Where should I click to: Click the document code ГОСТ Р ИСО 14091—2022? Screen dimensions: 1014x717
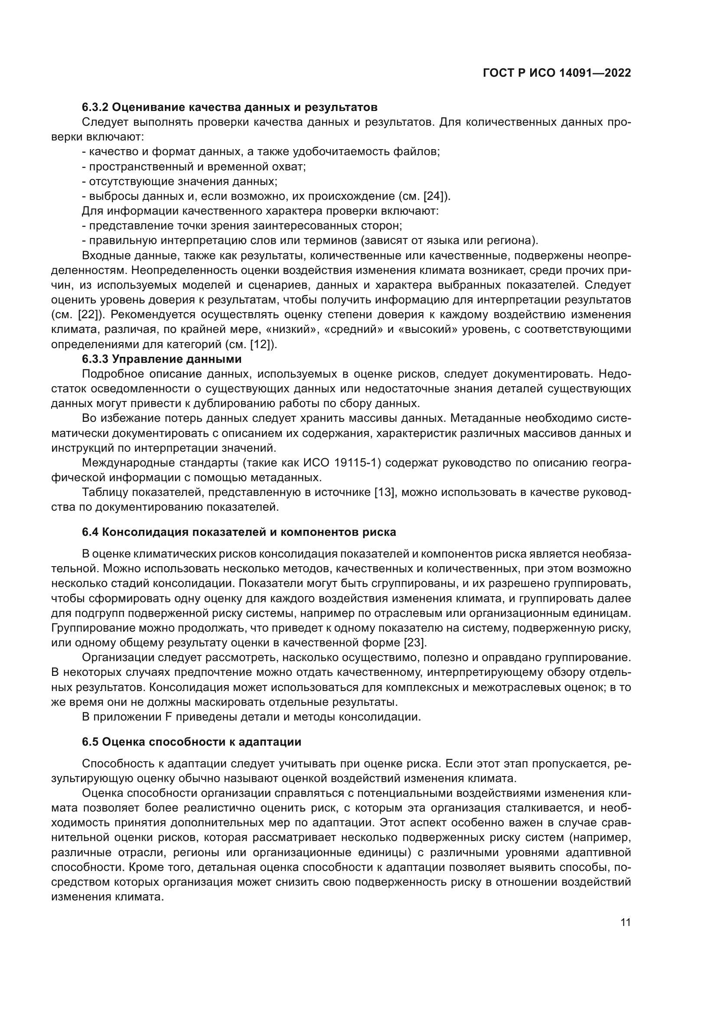557,73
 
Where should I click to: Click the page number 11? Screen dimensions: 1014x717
625,923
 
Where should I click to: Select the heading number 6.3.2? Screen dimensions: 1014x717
95,108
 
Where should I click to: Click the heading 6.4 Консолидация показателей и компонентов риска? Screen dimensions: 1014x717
239,532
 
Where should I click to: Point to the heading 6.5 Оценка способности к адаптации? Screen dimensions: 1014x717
192,742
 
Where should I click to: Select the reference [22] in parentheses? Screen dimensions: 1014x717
90,315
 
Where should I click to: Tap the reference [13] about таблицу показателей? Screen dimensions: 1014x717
384,492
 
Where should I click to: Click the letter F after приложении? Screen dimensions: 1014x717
168,717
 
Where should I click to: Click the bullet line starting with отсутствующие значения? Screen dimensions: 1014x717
180,182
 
